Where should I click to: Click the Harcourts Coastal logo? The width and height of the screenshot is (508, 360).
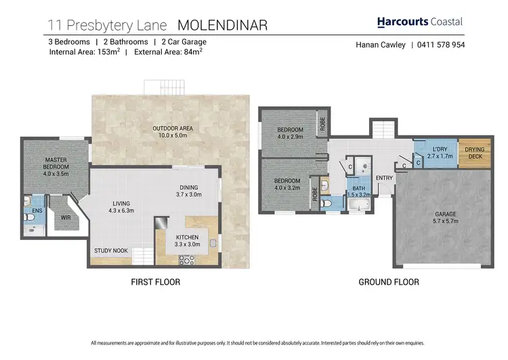pos(419,22)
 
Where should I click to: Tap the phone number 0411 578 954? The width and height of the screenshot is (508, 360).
pos(440,45)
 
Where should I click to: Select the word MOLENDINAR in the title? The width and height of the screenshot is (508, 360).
pos(222,26)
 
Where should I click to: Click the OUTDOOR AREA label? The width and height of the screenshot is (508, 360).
pos(171,132)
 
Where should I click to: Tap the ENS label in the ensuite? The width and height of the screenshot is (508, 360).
pos(29,210)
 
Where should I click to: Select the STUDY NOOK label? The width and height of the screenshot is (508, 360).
pos(110,251)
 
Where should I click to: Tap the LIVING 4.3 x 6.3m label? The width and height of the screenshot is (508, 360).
pos(121,207)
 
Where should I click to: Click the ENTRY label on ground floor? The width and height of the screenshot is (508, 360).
pos(384,178)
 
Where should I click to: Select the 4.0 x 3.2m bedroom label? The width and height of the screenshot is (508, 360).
pos(287,184)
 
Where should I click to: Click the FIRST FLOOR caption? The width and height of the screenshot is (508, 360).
pos(156,282)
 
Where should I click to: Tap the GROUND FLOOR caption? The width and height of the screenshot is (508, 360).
pos(389,282)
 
